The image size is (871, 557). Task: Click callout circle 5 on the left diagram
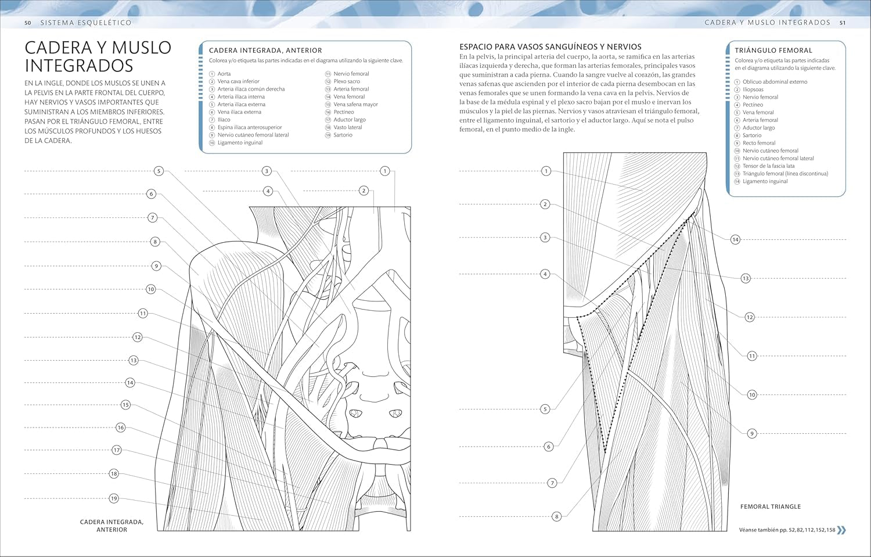159,171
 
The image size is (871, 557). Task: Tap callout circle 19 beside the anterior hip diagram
114,498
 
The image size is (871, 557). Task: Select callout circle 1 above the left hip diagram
384,171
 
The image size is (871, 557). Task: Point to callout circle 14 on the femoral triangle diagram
735,240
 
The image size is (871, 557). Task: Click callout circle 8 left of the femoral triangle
556,516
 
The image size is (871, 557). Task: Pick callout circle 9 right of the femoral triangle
752,433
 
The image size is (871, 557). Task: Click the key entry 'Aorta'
224,74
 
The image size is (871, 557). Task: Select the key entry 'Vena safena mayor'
355,105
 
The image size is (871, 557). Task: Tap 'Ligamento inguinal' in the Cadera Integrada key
240,143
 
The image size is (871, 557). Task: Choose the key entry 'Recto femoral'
759,143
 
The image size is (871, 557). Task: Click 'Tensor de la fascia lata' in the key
768,166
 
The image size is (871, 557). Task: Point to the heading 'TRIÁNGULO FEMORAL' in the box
773,51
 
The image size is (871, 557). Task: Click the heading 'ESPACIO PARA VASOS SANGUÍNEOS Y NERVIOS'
550,46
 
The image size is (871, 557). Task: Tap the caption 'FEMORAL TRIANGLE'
770,507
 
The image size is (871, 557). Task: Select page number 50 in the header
27,23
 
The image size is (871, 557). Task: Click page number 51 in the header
843,23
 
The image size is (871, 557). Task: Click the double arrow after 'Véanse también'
841,530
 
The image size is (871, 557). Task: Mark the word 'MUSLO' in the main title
142,48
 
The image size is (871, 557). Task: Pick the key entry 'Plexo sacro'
347,82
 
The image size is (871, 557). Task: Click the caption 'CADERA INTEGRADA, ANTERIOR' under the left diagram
111,526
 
